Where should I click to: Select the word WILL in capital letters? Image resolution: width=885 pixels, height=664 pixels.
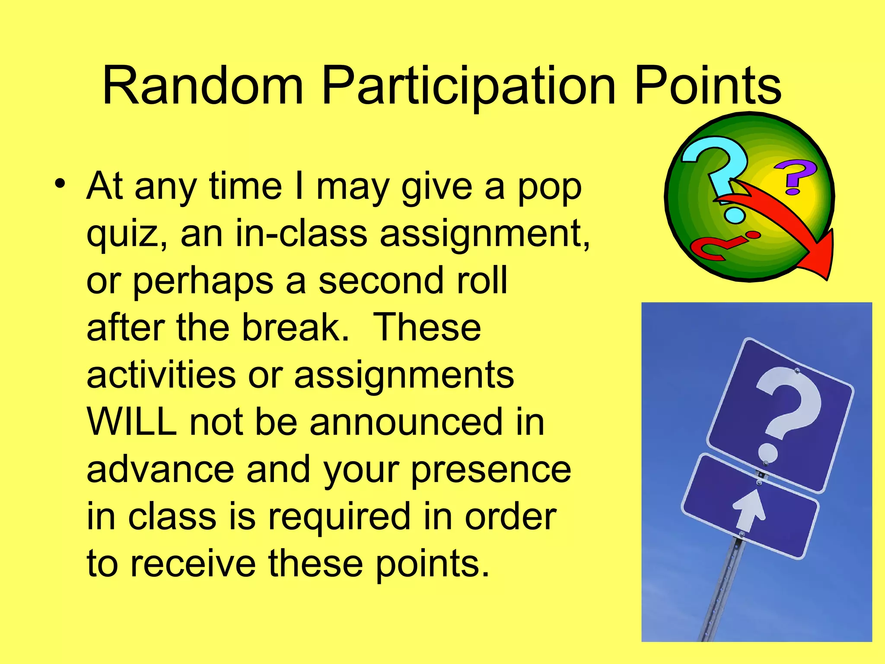pos(131,422)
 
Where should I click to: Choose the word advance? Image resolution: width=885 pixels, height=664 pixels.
pos(160,469)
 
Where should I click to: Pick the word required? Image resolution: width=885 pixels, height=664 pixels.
pos(339,517)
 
